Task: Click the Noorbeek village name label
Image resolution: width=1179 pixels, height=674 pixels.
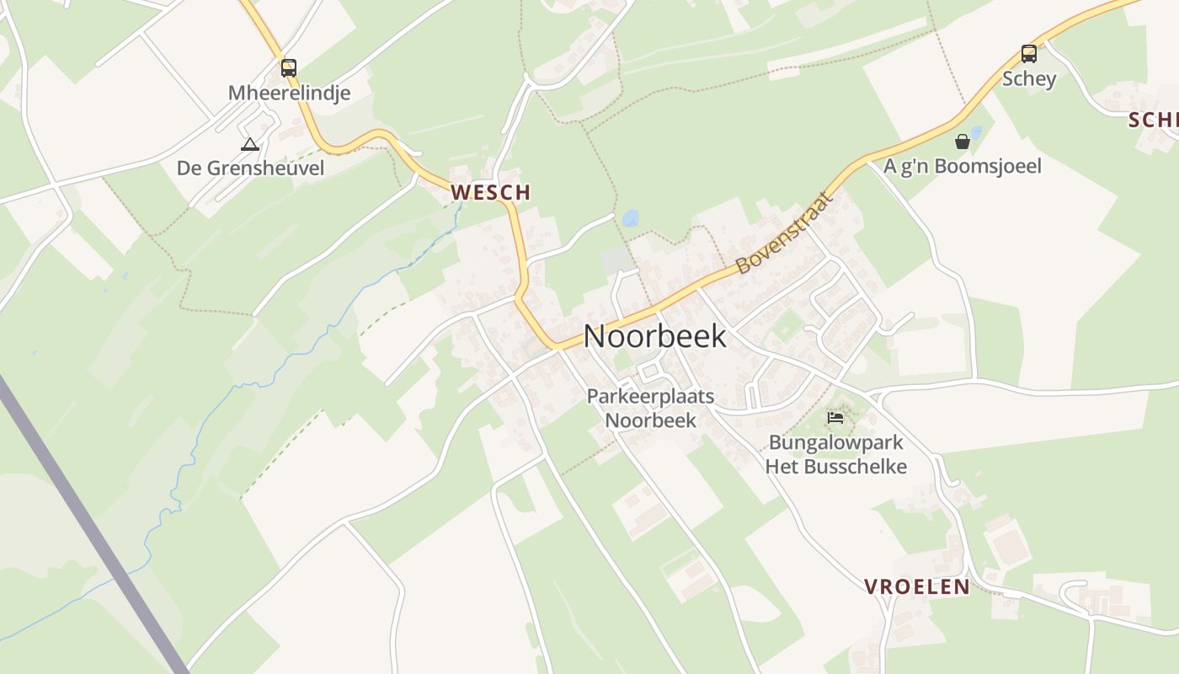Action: coord(654,336)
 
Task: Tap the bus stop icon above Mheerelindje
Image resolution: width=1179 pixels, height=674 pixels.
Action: coord(289,68)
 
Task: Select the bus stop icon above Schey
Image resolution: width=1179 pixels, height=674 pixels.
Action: coord(1028,54)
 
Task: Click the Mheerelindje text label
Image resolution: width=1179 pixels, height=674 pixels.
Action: coord(289,93)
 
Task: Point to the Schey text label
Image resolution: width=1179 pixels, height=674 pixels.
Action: coord(1028,79)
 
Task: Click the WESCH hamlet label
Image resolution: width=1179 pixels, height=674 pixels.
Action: coord(490,193)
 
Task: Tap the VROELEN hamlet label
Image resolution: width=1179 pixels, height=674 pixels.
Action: coord(917,587)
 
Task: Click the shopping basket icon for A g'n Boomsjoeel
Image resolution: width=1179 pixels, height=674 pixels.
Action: coord(962,142)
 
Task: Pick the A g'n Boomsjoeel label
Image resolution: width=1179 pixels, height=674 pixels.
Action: coord(962,166)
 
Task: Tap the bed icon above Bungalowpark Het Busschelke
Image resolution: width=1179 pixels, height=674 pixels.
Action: coord(835,418)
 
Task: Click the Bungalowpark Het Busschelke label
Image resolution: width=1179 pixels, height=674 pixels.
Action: coord(835,454)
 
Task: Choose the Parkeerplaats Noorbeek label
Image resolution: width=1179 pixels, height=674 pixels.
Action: coord(650,408)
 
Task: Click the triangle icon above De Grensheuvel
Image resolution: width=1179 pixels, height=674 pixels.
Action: coord(249,145)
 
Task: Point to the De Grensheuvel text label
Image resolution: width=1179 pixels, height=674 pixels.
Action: coord(250,168)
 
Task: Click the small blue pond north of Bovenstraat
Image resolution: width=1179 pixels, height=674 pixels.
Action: coord(630,218)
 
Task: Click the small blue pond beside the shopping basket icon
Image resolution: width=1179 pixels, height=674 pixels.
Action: coord(976,132)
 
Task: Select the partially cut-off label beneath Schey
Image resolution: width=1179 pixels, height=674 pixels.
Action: coord(1153,120)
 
